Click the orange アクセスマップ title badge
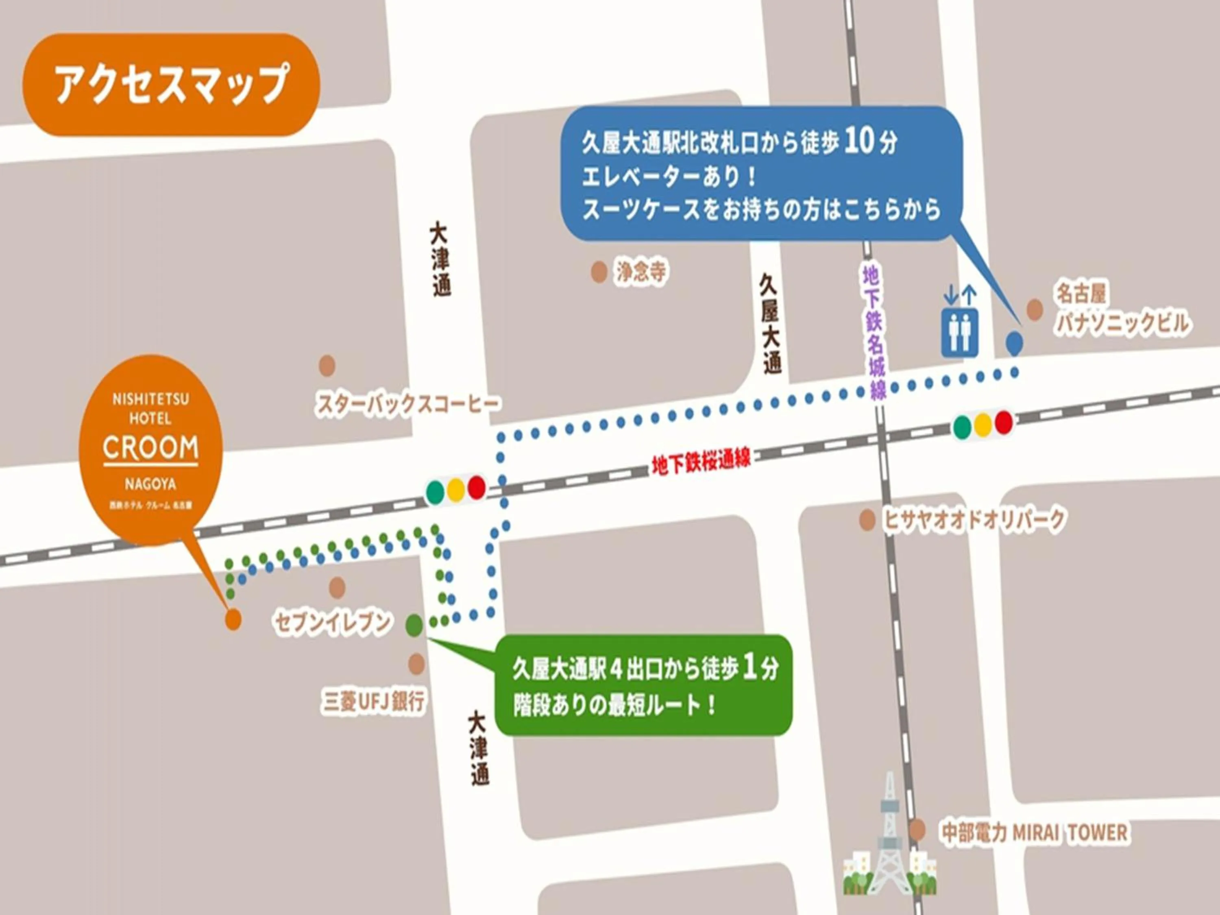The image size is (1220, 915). [x=171, y=85]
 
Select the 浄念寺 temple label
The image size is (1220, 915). [x=641, y=272]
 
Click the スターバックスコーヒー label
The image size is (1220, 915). [x=407, y=404]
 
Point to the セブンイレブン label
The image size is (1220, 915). [x=332, y=622]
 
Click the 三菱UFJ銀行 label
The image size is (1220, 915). [x=373, y=701]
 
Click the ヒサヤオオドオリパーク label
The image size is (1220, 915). [x=974, y=519]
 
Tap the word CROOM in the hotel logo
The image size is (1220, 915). [x=150, y=447]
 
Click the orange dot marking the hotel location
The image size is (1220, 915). [x=233, y=619]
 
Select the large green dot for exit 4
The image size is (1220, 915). [x=414, y=625]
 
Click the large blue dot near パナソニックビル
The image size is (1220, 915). [x=1014, y=342]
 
